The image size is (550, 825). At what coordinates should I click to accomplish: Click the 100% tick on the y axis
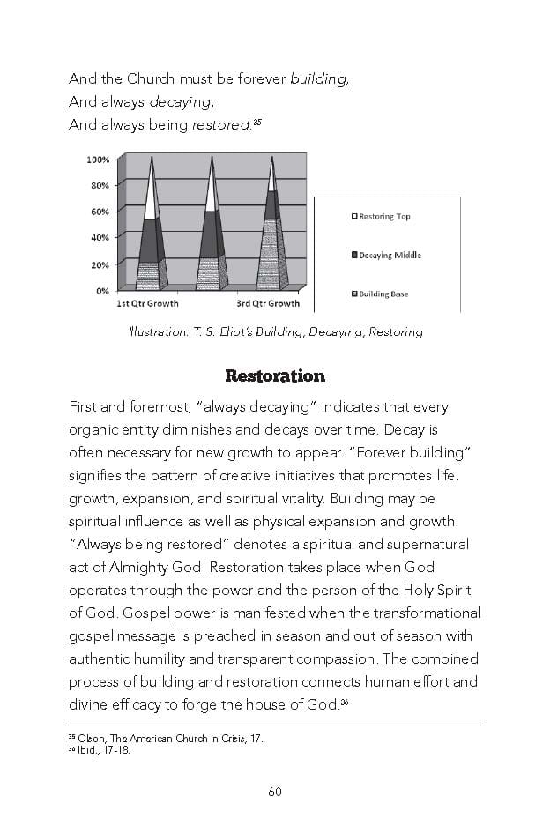(98, 160)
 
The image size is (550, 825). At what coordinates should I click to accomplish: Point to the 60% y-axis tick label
(100, 212)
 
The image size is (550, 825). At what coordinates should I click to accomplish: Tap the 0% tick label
(102, 290)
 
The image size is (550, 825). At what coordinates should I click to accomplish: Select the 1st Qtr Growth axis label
(148, 304)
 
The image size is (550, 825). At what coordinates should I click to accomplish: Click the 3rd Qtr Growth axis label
(268, 304)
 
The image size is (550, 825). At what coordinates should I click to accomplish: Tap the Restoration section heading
(275, 376)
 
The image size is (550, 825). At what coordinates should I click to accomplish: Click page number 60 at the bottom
(275, 791)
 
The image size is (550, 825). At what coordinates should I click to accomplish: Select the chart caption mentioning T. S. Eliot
(275, 332)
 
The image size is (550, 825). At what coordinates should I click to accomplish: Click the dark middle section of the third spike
(272, 204)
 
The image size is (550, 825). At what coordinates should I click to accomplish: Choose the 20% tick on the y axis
(100, 264)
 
